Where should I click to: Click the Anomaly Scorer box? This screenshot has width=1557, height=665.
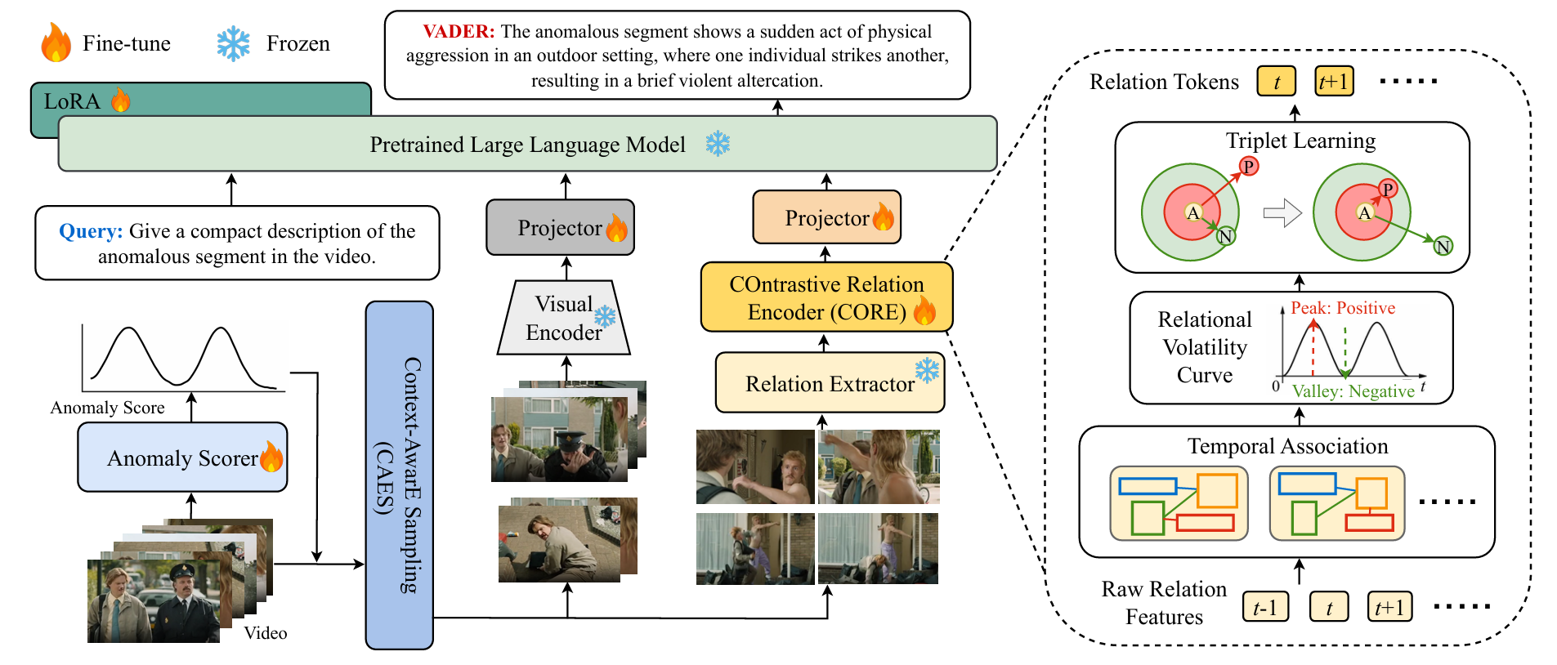182,457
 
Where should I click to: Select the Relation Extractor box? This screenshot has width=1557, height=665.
830,383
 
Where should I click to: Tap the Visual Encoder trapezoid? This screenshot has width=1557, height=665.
563,318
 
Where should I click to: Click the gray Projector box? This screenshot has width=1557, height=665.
560,228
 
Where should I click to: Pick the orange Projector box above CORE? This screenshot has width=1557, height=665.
826,217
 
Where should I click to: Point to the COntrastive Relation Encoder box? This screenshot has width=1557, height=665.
826,297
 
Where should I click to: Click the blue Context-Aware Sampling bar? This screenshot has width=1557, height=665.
400,475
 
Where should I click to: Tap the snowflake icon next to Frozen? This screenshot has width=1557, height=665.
233,44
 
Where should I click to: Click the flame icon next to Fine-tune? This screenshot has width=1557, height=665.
56,42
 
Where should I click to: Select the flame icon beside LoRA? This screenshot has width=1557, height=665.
121,100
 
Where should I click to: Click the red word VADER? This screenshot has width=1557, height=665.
459,32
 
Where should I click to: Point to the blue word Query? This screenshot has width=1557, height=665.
91,231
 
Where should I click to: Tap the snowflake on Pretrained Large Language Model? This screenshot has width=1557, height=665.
718,144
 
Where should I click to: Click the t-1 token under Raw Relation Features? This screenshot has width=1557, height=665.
1265,608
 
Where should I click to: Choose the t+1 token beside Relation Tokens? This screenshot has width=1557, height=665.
1334,82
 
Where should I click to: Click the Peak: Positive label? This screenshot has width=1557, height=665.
1343,308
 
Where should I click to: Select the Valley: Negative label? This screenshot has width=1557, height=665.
1353,391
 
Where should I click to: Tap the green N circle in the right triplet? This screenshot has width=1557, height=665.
1443,246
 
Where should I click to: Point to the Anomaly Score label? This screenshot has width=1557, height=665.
107,408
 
